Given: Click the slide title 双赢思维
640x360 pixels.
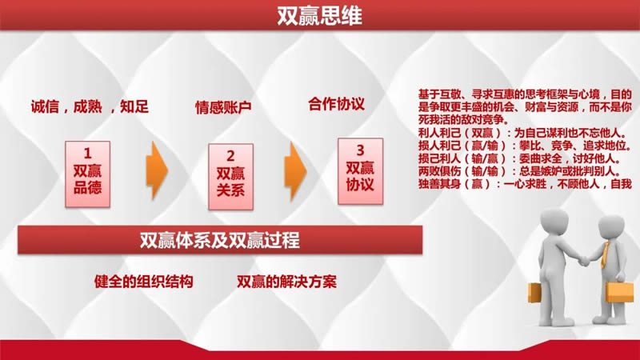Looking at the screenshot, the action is pos(319,15).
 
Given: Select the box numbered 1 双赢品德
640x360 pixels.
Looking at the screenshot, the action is pos(87,174).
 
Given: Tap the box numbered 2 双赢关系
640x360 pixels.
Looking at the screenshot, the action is pos(230,176).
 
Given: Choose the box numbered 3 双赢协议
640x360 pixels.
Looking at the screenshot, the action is pos(360,171).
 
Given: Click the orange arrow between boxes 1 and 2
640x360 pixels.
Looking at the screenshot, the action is pos(157,170).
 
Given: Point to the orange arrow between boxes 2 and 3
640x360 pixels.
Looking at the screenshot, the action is pos(295,171).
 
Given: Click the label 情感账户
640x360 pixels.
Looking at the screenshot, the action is pos(223,107).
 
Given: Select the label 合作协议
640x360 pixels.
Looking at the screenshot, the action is pos(336,104).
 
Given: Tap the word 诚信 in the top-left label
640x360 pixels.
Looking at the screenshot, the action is pos(45,107).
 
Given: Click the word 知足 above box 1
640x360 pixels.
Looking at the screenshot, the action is pos(134,107).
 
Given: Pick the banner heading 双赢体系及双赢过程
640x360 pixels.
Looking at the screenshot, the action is pos(219,240).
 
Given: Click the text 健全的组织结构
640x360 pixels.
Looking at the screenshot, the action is pos(144,282).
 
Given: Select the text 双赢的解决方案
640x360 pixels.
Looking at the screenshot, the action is pos(286,282).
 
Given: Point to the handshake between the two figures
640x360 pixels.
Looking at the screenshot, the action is pos(585,259).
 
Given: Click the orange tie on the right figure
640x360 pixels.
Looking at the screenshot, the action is pos(605,255).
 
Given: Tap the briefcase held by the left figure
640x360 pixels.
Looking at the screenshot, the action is pos(534,293).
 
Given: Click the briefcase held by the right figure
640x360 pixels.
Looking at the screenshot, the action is pos(619,291).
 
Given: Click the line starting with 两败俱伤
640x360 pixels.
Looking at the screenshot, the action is pos(519,171).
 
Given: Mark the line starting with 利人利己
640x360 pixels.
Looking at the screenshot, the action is pos(522,133).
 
